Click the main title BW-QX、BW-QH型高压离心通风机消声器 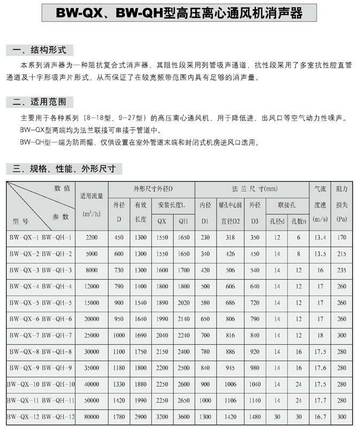pos(180,11)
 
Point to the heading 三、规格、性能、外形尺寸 pos(64,169)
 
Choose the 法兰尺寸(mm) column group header pos(251,189)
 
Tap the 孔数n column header pos(298,220)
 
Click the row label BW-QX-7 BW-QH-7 pos(40,334)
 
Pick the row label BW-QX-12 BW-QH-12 pos(40,416)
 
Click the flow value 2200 pos(91,237)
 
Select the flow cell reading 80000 pos(91,416)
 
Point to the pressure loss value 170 pos(342,237)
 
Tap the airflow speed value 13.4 pos(320,237)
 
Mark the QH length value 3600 pos(183,416)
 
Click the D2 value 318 pos(231,237)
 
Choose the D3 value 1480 pos(255,416)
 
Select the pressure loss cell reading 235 pos(342,269)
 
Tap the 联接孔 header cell pos(287,204)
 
